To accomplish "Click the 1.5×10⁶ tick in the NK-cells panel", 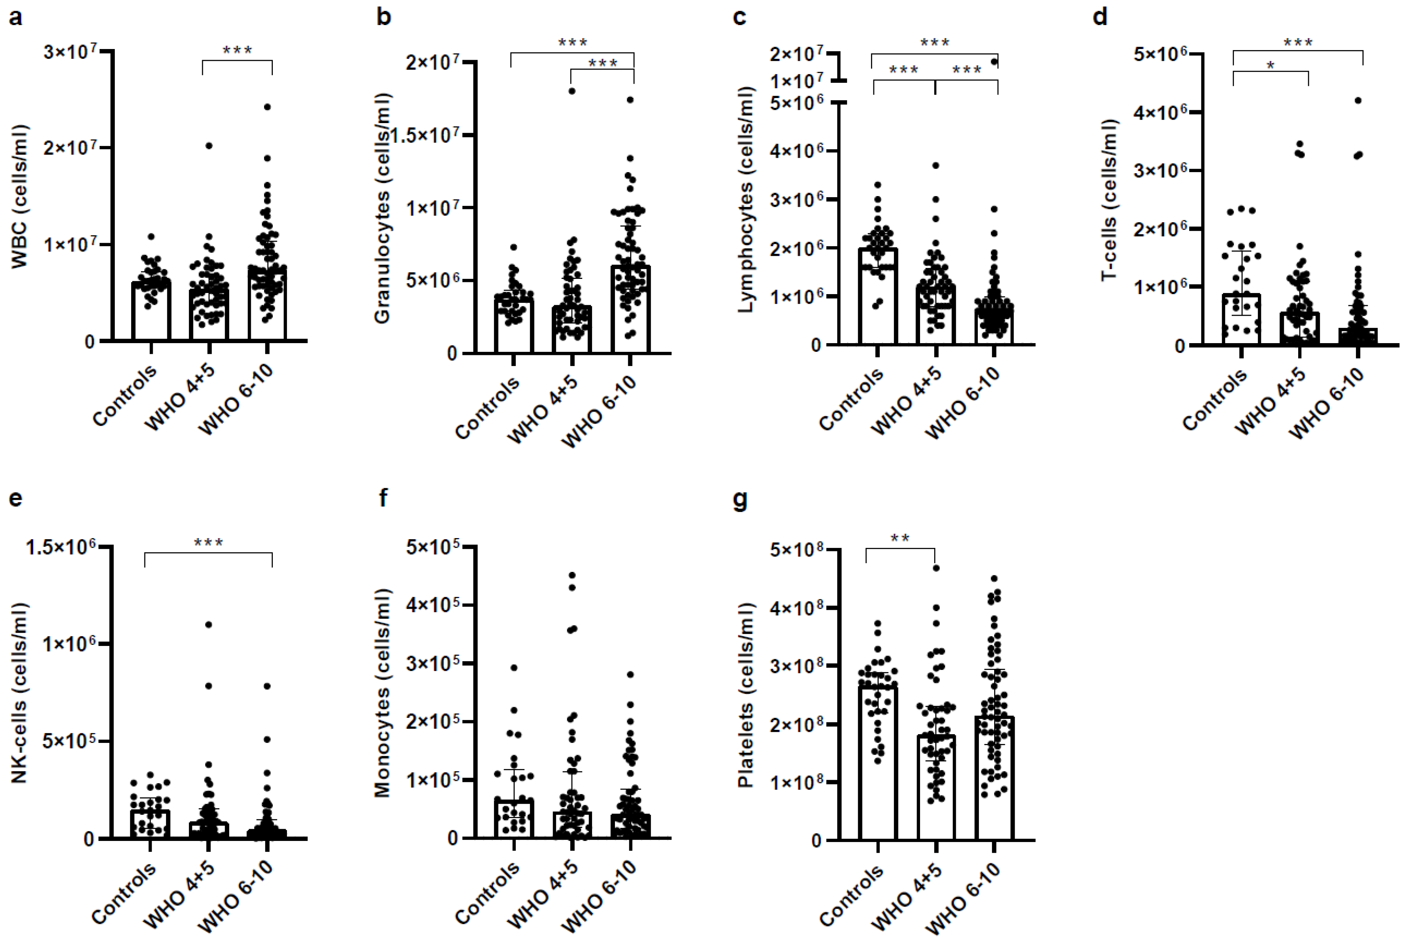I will click(61, 547).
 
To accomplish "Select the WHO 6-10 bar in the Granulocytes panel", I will click(630, 309).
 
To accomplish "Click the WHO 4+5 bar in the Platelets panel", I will click(936, 787).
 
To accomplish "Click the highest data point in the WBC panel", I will click(267, 107).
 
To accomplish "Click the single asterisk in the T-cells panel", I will click(1270, 65).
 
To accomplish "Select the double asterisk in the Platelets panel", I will click(900, 539).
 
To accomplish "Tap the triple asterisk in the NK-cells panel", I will click(208, 544).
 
